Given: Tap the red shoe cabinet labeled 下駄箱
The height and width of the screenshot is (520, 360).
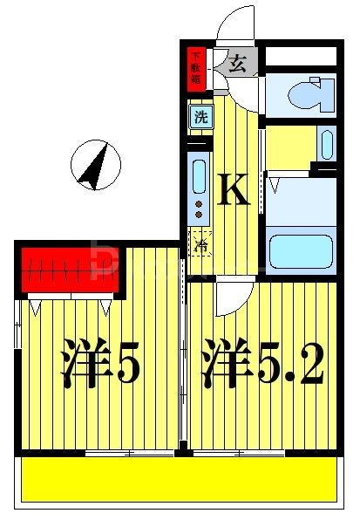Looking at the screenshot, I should pos(196,69).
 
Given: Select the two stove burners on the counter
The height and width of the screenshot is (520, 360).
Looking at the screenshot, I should pos(199,209).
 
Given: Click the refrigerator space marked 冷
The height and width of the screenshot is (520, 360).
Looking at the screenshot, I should pos(201,244).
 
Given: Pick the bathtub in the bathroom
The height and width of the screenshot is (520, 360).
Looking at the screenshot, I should pos(301,250).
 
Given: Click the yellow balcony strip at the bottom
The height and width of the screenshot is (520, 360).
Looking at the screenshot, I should pos(179,480).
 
